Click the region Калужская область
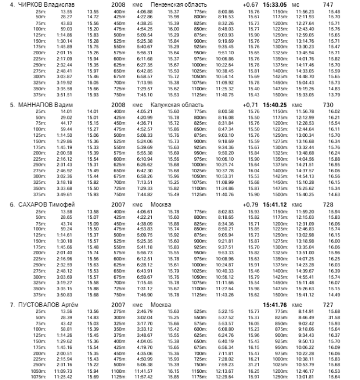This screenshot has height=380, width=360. coord(177,104)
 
